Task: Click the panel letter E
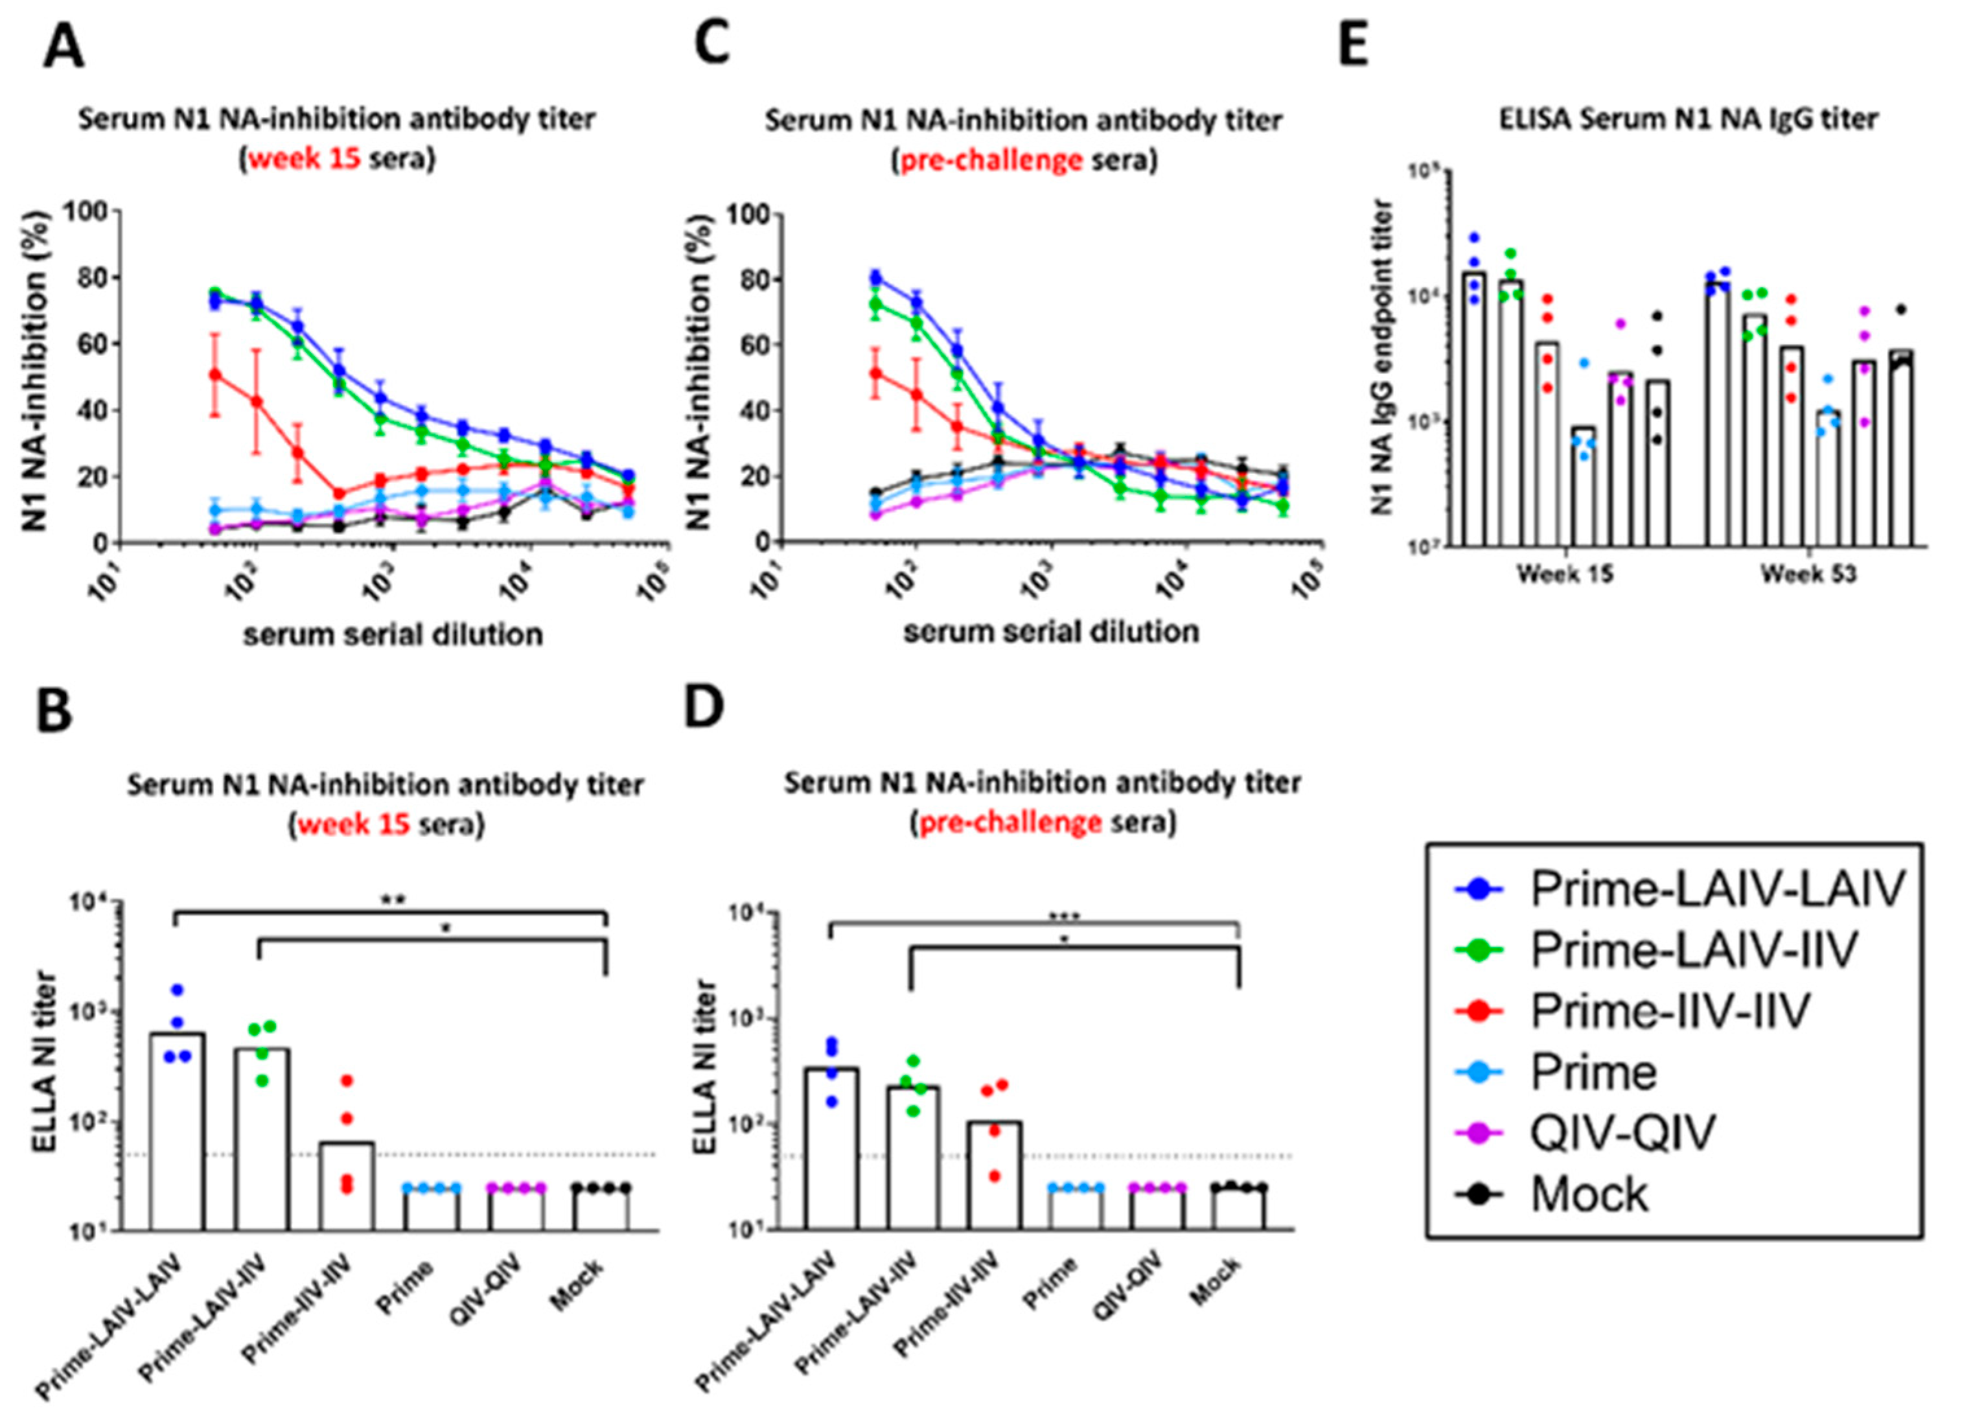(1353, 45)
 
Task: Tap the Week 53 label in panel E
(1809, 574)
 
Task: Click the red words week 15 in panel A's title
(305, 160)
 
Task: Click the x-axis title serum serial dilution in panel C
(1051, 632)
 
